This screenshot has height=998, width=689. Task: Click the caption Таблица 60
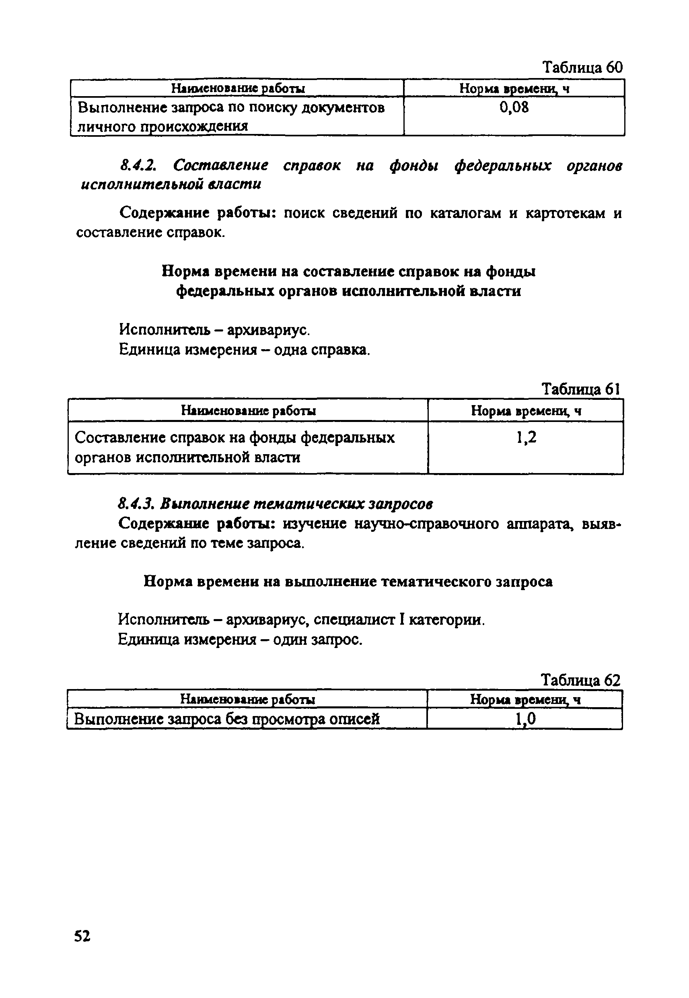pos(582,67)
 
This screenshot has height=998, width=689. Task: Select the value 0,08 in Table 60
pos(514,107)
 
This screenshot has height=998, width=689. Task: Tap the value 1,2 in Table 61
pos(526,438)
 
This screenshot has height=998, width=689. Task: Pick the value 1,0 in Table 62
pos(525,719)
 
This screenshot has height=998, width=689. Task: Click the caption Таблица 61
pos(581,389)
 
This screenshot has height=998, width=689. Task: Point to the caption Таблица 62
pos(581,680)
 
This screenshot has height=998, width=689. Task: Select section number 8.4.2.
pos(138,165)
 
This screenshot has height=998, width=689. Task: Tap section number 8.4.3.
pos(136,504)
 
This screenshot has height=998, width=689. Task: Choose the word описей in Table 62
pos(354,719)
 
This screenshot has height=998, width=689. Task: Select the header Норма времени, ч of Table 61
pos(526,411)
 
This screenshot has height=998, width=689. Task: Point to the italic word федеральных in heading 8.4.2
pos(502,165)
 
